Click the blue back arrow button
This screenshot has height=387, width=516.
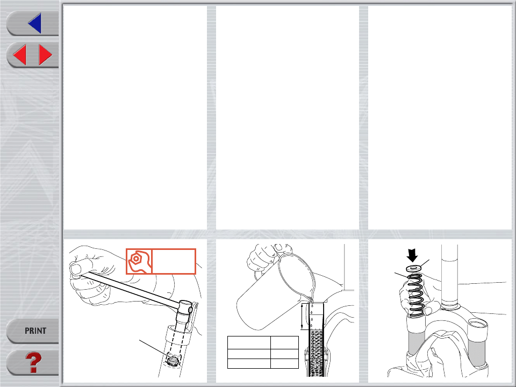point(35,23)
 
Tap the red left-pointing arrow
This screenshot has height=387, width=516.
point(20,55)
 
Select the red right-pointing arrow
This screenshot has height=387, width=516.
point(45,55)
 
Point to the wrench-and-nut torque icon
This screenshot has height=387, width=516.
point(139,261)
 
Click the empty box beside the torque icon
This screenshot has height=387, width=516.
point(174,261)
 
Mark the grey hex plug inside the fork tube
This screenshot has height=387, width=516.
point(172,360)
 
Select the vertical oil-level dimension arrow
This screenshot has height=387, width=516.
point(302,317)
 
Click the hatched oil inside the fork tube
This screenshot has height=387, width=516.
point(316,352)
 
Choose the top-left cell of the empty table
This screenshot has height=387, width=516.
point(249,342)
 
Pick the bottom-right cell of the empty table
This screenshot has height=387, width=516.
point(285,363)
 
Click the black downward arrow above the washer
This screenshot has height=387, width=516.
point(412,255)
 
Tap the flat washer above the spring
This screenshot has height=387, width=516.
point(413,268)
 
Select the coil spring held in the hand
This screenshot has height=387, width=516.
point(416,295)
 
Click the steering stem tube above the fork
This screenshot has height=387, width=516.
point(449,276)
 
